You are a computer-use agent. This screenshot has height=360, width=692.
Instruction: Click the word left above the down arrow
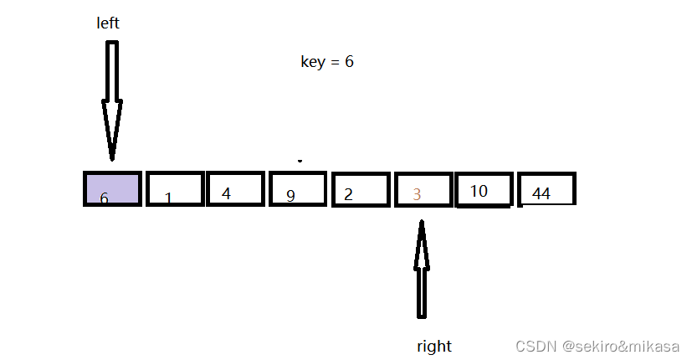(108, 23)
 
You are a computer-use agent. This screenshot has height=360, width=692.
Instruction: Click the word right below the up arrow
(433, 346)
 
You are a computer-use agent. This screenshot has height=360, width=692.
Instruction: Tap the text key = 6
(326, 62)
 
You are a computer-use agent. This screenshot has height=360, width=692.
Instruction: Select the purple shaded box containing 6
(111, 188)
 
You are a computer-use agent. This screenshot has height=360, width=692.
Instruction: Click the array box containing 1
(175, 188)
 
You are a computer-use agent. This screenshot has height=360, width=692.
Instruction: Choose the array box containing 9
(297, 188)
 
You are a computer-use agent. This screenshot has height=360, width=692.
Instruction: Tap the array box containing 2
(361, 189)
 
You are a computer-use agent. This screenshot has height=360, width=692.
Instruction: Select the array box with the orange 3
(423, 189)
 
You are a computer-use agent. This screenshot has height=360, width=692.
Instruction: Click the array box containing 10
(483, 188)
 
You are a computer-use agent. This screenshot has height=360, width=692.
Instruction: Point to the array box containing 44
(546, 188)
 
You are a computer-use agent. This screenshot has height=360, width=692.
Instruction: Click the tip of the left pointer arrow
(112, 157)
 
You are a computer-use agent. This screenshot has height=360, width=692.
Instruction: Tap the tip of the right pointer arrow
(423, 223)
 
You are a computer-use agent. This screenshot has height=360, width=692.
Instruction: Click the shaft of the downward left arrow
(112, 71)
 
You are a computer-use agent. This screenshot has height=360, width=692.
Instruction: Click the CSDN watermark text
(597, 346)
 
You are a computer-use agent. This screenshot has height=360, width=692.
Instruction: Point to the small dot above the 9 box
(299, 160)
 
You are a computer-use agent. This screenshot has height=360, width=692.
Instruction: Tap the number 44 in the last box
(541, 193)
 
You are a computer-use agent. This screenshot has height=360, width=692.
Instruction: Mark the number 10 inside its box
(479, 191)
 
